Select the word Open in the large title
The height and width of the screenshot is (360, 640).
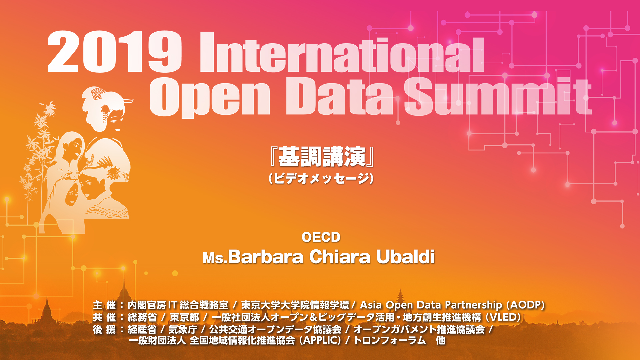[x=209, y=97]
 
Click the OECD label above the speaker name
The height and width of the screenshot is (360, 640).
[x=321, y=237]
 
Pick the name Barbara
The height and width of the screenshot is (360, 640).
[x=266, y=257]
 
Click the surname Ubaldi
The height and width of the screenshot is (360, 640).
[x=406, y=257]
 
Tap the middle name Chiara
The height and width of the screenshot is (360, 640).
[x=340, y=257]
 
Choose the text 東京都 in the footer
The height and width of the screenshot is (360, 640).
[x=184, y=317]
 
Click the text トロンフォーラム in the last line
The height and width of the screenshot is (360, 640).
[x=390, y=340]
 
